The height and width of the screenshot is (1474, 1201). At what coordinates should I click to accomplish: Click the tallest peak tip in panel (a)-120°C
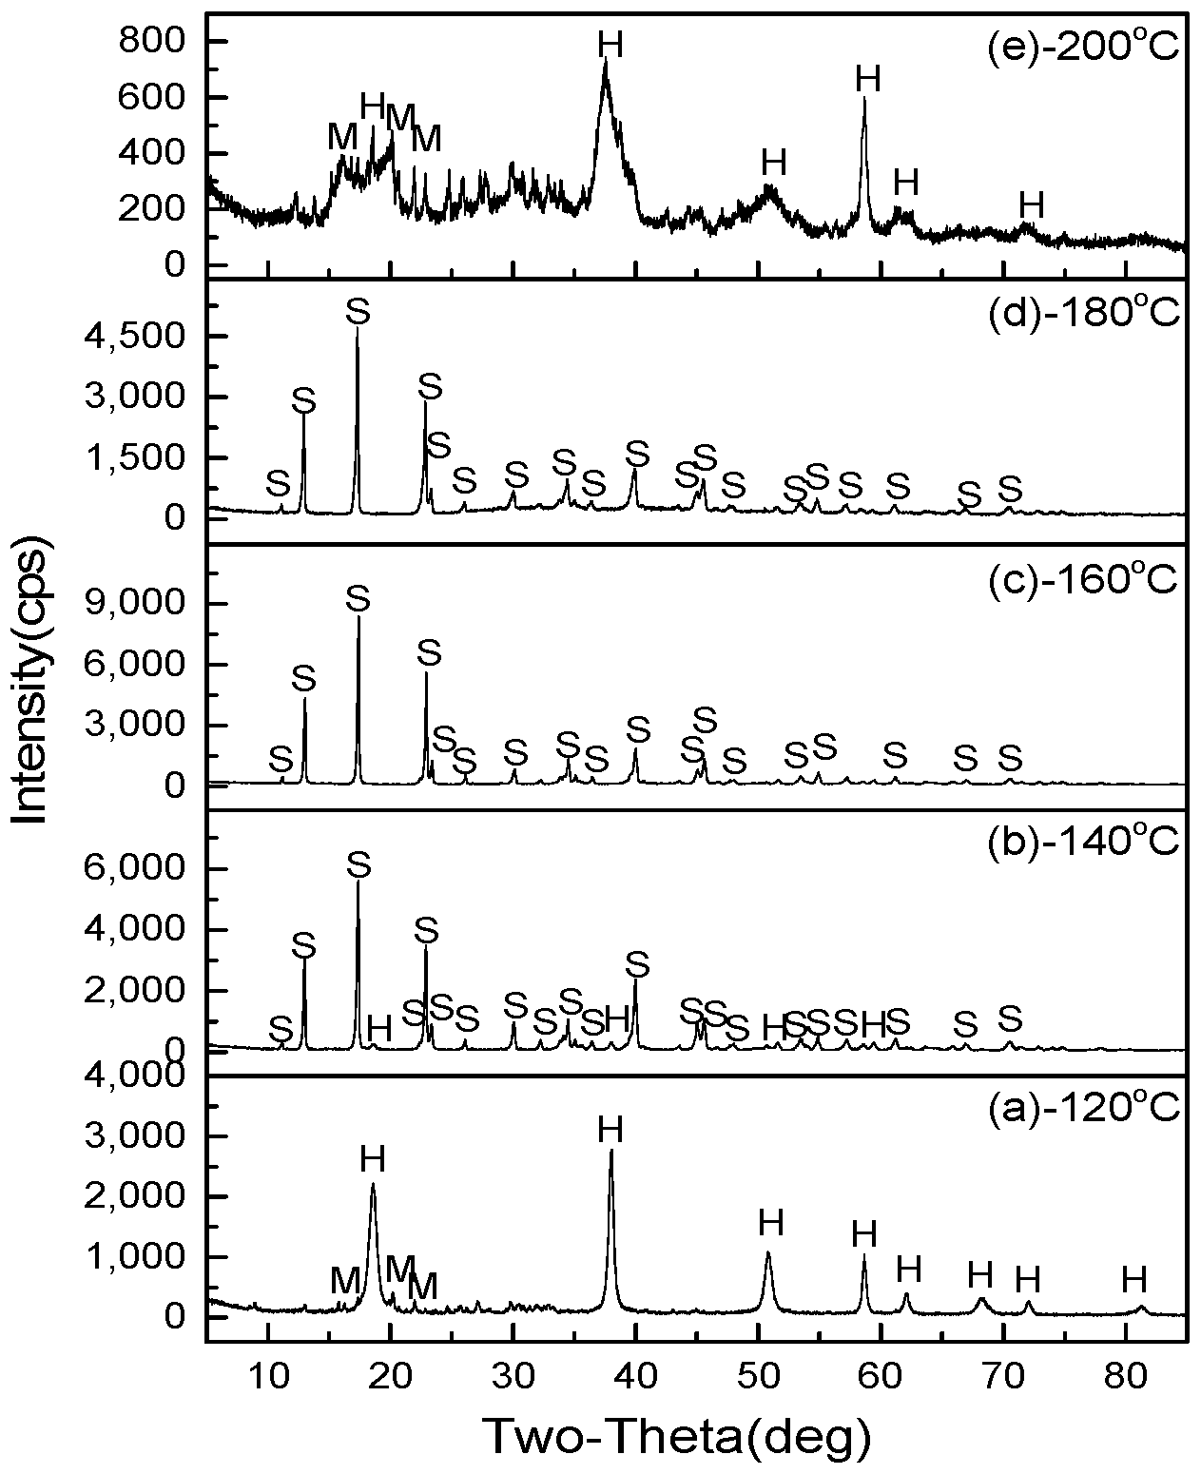[610, 1151]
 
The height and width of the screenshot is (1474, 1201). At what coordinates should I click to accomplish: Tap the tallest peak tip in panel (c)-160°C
[358, 617]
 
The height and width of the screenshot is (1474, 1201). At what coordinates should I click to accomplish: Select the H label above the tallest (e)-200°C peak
[610, 44]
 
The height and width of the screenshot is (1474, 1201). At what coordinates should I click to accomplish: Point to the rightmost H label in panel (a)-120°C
[1133, 1279]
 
